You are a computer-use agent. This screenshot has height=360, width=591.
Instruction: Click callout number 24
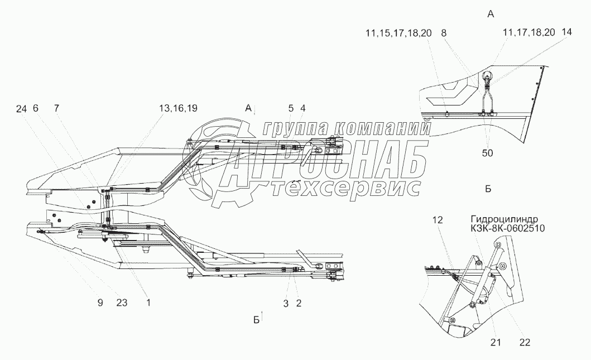[21, 109]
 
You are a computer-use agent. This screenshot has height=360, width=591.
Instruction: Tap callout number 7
[56, 109]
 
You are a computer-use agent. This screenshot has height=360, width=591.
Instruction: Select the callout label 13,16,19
[178, 109]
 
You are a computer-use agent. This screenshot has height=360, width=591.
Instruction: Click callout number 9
[100, 303]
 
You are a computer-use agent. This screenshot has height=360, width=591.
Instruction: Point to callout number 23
[122, 303]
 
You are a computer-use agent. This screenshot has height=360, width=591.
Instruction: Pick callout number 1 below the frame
[148, 303]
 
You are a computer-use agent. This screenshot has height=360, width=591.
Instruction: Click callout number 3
[286, 303]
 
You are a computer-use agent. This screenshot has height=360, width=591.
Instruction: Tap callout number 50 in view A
[487, 153]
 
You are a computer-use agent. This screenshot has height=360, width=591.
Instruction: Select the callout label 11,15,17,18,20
[398, 33]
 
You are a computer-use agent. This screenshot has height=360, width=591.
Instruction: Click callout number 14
[566, 32]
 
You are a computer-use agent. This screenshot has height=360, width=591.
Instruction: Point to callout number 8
[444, 33]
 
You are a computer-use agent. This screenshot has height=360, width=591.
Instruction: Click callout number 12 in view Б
[438, 220]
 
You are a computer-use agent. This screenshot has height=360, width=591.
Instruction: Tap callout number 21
[496, 342]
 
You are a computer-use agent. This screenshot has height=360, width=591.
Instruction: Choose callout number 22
[525, 342]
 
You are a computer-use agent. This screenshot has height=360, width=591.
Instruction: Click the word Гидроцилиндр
[504, 219]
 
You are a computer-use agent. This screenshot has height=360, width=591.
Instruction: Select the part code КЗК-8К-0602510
[508, 228]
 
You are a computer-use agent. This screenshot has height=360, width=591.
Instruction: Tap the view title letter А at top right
[491, 15]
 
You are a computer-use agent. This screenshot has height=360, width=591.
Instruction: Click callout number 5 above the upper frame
[291, 109]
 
